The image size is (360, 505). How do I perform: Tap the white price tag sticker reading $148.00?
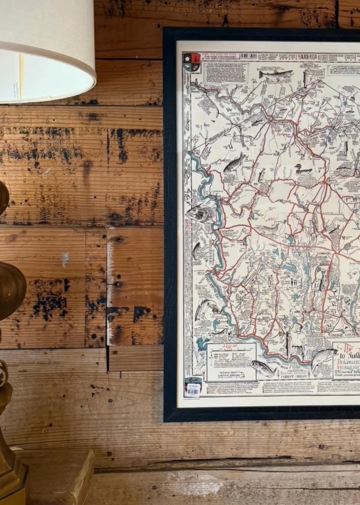(x=193, y=389)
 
